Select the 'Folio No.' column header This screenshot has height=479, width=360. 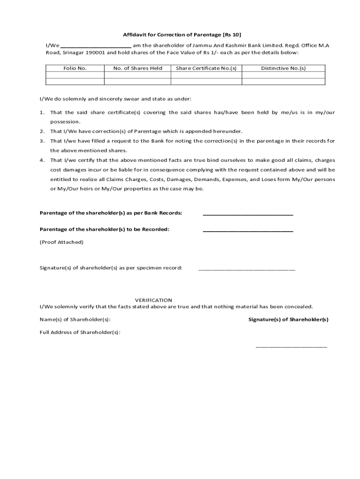(75, 68)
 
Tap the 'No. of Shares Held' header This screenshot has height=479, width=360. (137, 68)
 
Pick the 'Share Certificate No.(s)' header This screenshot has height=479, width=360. (206, 68)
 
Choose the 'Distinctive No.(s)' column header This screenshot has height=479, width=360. (283, 68)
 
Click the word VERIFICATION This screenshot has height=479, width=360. (153, 300)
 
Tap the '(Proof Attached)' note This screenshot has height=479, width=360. (61, 242)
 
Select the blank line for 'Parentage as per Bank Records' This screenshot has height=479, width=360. (248, 214)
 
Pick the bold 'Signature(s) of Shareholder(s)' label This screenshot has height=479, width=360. (288, 319)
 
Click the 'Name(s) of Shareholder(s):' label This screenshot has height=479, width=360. (75, 319)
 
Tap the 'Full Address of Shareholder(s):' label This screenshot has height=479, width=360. (80, 332)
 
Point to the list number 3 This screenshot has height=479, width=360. (42, 141)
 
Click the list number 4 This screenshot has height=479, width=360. (42, 160)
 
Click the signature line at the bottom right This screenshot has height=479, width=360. (291, 347)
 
